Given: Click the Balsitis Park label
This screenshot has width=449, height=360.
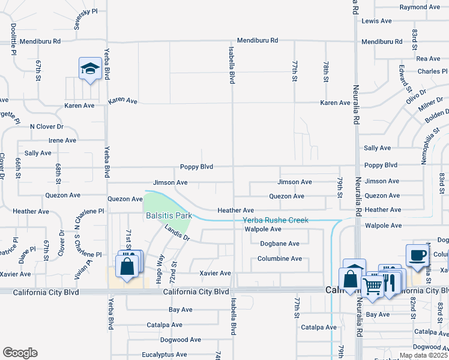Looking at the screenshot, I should point(167,215).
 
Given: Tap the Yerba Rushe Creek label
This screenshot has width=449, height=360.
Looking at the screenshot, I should point(276,220).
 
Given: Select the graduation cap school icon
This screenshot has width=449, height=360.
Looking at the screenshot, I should point(89,69).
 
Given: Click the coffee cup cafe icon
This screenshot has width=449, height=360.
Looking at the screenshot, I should point(417,255).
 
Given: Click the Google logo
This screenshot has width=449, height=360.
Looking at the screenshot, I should point(20,353).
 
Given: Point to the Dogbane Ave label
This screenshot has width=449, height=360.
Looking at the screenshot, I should point(279,244).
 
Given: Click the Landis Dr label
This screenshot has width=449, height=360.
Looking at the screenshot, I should point(177,233).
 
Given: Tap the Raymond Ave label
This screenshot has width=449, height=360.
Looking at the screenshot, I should point(420,7).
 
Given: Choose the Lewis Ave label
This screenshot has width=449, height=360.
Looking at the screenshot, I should point(376,21).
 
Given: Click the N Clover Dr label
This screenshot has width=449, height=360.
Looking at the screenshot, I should point(47,127).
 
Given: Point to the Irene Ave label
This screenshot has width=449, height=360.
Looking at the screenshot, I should point(62,140).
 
